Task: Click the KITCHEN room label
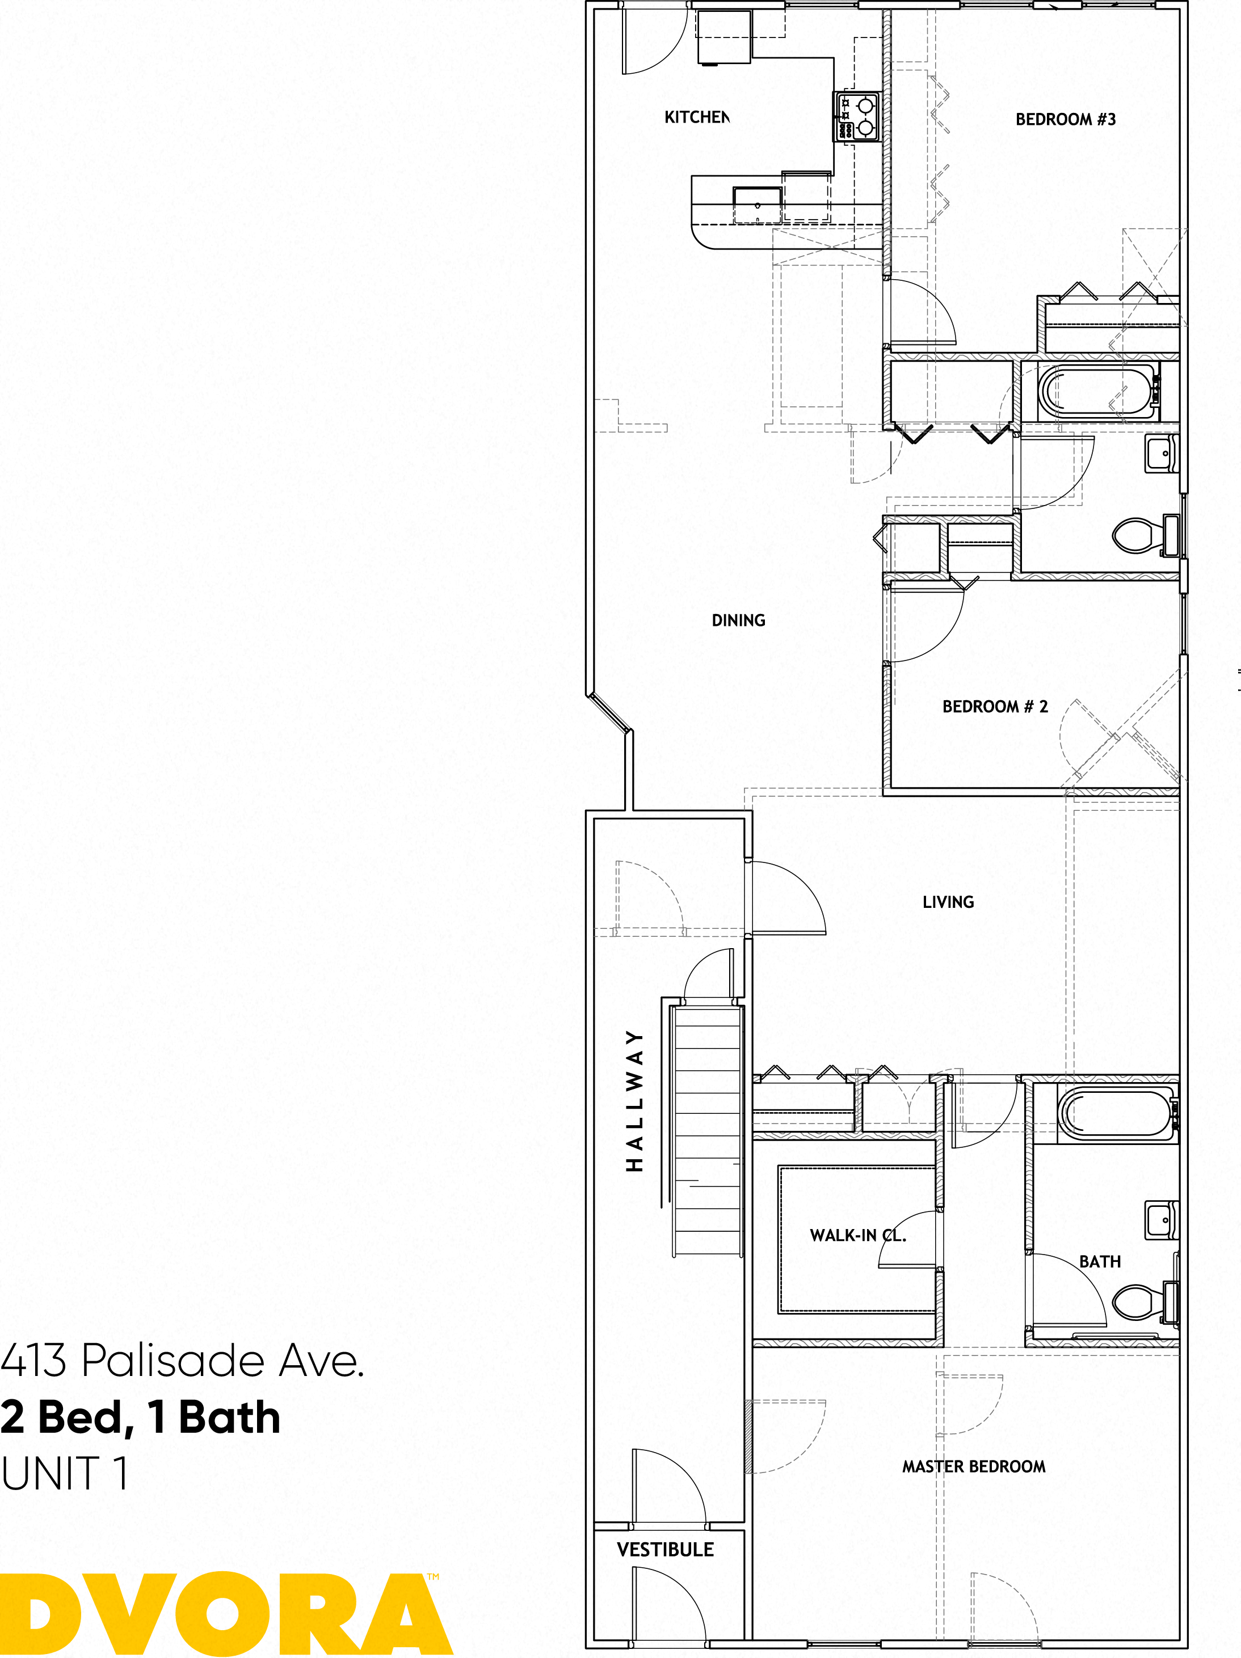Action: (696, 117)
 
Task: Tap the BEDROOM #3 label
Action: (1065, 119)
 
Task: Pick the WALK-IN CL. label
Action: (857, 1235)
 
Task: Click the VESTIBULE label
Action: (664, 1549)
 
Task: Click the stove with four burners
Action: (857, 116)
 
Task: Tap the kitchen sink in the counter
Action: (757, 205)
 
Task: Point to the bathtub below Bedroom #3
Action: (1096, 392)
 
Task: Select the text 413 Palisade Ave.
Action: (182, 1361)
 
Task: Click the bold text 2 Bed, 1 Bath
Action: (140, 1417)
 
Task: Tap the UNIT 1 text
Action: (65, 1474)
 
